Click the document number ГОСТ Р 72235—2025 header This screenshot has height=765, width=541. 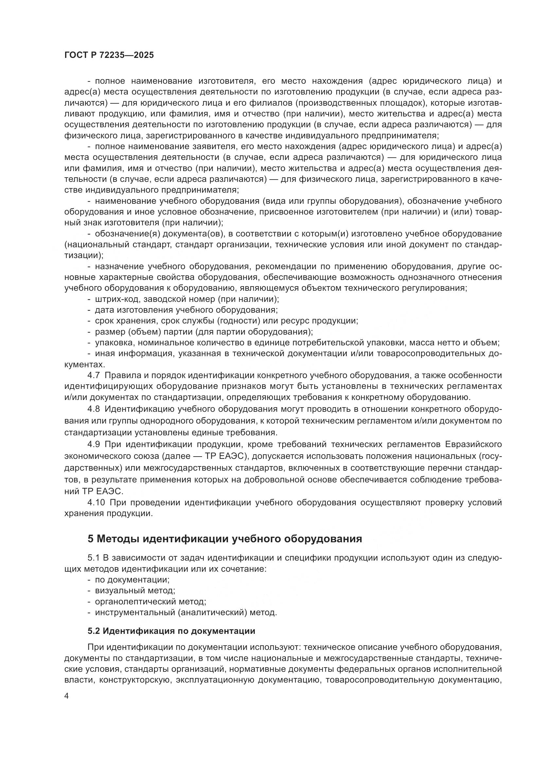pos(109,55)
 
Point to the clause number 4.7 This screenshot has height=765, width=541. pos(94,375)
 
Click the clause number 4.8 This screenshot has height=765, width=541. pos(94,409)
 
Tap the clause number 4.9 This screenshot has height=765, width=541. pos(94,444)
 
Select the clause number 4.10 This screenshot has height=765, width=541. pos(95,502)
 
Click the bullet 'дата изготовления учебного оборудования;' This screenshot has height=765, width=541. pos(186,310)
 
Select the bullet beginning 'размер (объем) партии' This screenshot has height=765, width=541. pos(203,332)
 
